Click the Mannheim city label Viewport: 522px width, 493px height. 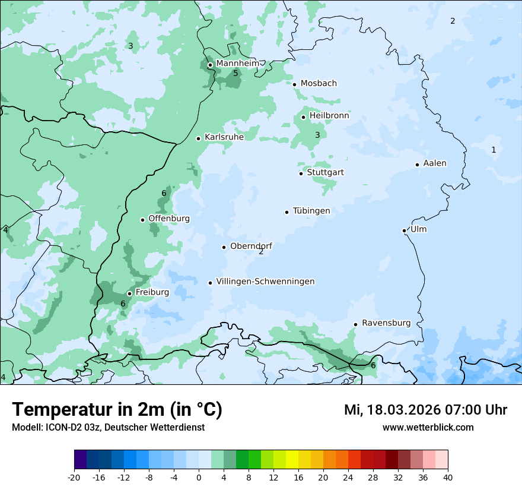(237, 64)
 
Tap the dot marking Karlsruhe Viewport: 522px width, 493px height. (199, 138)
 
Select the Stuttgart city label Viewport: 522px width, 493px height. (325, 173)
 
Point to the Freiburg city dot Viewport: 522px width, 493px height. (129, 293)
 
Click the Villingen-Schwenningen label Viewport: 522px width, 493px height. (265, 282)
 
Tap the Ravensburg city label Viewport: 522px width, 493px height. (386, 323)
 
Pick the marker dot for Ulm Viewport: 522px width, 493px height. (404, 230)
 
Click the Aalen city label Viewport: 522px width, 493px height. (435, 163)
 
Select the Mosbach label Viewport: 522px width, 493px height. (319, 84)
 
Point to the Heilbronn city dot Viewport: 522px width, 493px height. (303, 117)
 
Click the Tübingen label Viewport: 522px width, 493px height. (311, 211)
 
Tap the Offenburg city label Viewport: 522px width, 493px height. (169, 219)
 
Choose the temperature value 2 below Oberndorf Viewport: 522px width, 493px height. (261, 252)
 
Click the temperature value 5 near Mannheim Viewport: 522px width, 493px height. (235, 73)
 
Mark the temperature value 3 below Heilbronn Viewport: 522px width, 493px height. (317, 135)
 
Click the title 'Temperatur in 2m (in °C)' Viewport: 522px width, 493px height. (117, 410)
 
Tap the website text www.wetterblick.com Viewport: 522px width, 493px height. (428, 428)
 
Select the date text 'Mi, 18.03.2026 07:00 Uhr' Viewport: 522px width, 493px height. (425, 410)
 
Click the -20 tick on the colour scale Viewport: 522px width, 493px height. (74, 477)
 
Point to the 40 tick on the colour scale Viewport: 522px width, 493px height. (448, 477)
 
